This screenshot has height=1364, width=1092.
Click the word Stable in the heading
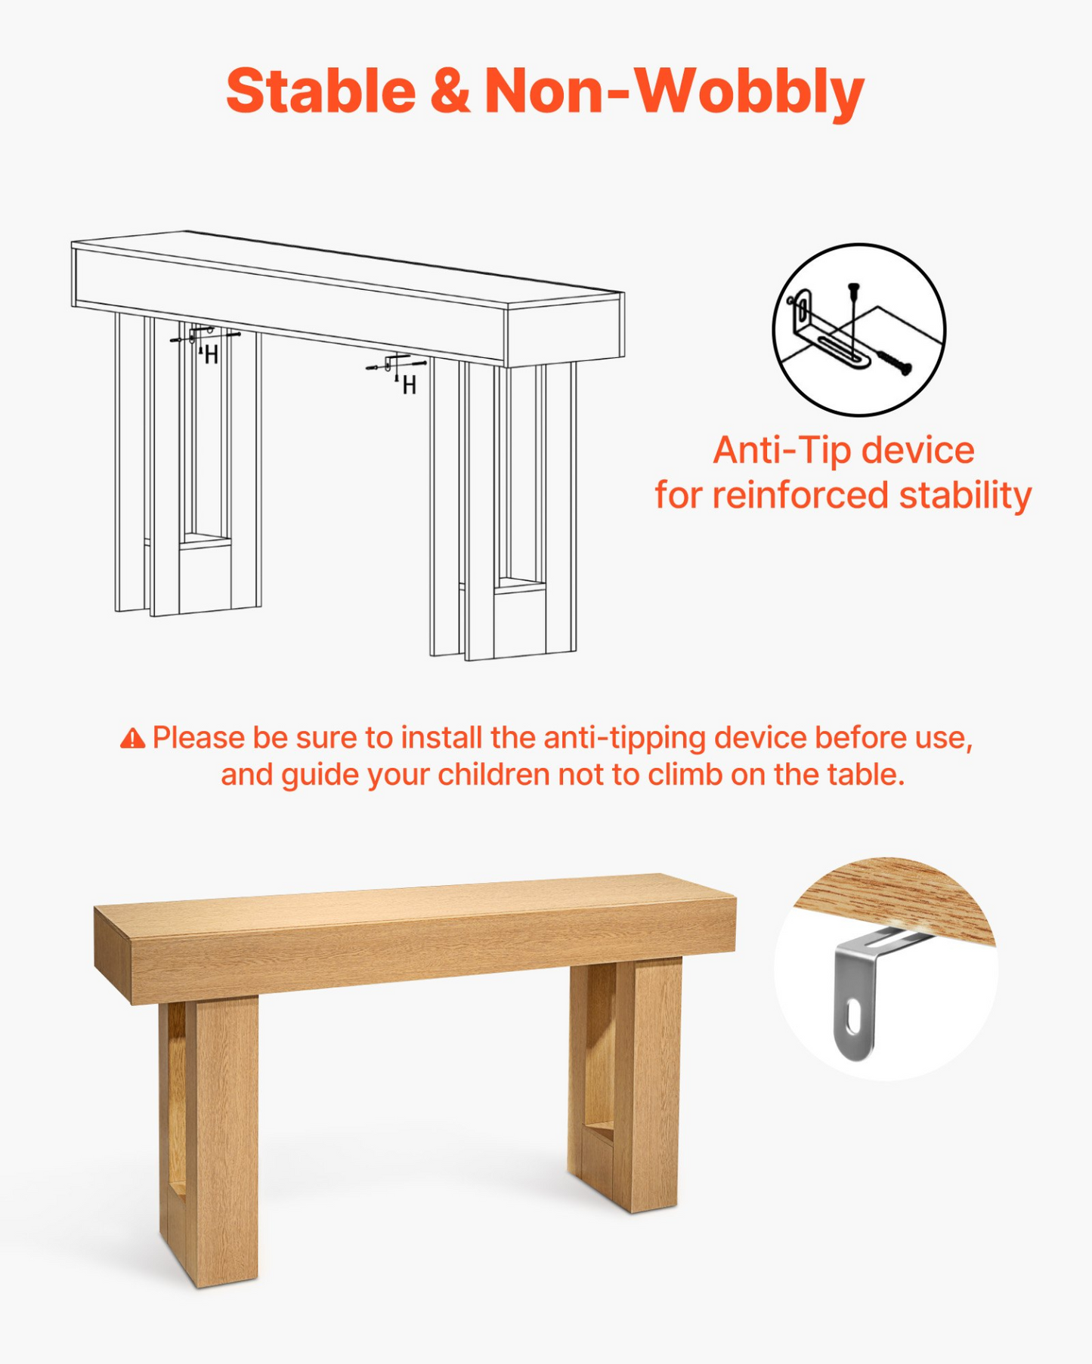321,91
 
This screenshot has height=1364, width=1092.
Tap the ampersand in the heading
450,91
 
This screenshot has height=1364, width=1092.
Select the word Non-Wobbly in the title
674,92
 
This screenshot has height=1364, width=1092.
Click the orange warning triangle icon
133,738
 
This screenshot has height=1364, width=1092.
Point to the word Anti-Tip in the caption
783,451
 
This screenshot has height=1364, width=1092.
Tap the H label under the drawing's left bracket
212,354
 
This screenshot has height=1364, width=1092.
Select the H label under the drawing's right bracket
409,386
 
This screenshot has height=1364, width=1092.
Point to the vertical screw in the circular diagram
854,318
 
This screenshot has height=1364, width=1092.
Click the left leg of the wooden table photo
209,1140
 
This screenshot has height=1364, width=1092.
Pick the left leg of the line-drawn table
188,464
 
